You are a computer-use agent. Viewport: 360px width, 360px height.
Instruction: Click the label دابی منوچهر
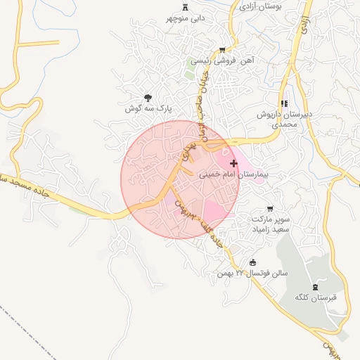(x=185, y=18)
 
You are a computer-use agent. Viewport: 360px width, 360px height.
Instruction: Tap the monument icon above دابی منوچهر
(x=185, y=7)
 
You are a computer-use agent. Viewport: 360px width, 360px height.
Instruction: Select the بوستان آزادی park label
(x=261, y=6)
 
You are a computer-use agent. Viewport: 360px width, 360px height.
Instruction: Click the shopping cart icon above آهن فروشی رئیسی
(x=223, y=50)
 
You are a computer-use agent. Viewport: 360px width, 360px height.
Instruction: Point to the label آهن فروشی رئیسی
(x=223, y=61)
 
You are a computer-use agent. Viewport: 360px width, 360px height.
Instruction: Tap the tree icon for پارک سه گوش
(x=148, y=98)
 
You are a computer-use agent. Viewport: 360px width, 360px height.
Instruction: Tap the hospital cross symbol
(x=233, y=163)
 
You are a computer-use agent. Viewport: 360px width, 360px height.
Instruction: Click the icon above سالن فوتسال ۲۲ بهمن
(x=252, y=262)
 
